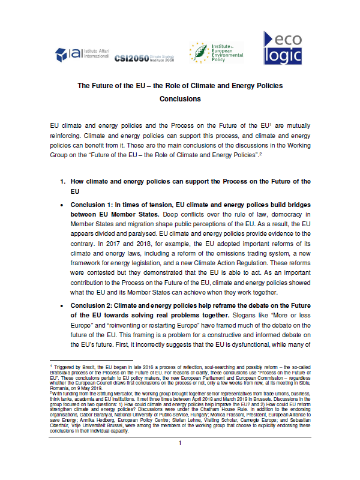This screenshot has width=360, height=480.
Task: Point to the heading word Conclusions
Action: point(180,99)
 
